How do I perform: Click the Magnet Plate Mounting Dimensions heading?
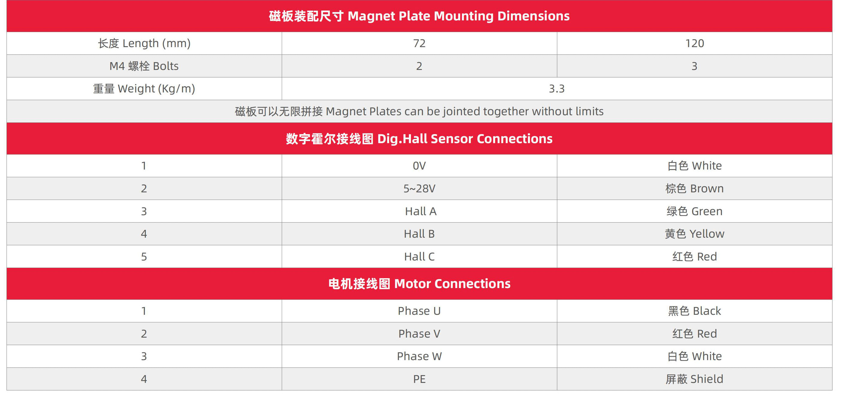pyautogui.click(x=419, y=16)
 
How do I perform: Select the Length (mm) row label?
pyautogui.click(x=144, y=43)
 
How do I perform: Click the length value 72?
pyautogui.click(x=419, y=43)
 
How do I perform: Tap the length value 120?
pyautogui.click(x=695, y=43)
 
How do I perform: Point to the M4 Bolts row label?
pyautogui.click(x=144, y=66)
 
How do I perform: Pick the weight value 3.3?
pyautogui.click(x=557, y=89)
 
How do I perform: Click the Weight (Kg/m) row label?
pyautogui.click(x=144, y=89)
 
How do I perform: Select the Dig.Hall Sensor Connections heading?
pyautogui.click(x=419, y=139)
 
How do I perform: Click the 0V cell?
pyautogui.click(x=419, y=166)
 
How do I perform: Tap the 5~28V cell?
pyautogui.click(x=419, y=188)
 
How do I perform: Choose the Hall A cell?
pyautogui.click(x=421, y=211)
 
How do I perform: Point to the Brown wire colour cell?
pyautogui.click(x=695, y=188)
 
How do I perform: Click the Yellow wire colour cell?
pyautogui.click(x=695, y=234)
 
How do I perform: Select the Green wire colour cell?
pyautogui.click(x=695, y=211)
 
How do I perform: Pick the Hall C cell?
pyautogui.click(x=419, y=257)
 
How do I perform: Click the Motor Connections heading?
pyautogui.click(x=419, y=284)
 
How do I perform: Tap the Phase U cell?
pyautogui.click(x=419, y=311)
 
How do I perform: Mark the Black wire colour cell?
pyautogui.click(x=695, y=311)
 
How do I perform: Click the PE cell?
pyautogui.click(x=419, y=379)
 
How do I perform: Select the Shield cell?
pyautogui.click(x=695, y=379)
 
